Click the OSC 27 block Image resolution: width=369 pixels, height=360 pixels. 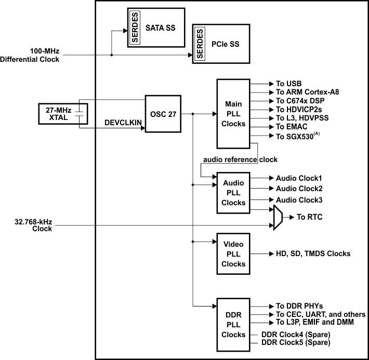point(163,113)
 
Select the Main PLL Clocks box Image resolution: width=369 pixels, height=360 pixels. point(233,113)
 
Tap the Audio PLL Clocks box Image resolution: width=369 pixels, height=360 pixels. point(233,192)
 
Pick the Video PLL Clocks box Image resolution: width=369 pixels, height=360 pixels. point(233,254)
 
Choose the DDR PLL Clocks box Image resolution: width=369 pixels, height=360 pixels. point(233,325)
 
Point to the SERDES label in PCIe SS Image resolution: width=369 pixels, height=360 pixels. point(200,44)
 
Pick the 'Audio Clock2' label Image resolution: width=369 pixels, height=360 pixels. point(299,189)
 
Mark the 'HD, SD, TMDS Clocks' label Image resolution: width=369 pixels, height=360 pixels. point(313,254)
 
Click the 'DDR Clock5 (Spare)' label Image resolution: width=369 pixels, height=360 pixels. point(294,342)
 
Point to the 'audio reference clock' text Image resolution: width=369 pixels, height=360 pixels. point(240,159)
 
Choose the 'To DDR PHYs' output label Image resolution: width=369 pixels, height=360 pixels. point(299,306)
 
